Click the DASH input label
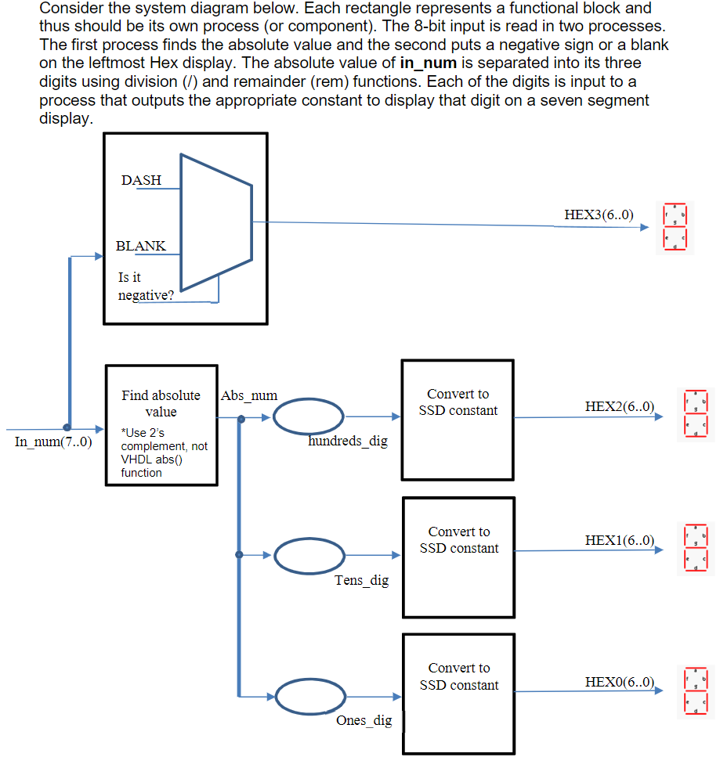141,180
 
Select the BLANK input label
140,246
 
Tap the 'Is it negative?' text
146,287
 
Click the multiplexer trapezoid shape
216,222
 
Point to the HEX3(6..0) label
599,214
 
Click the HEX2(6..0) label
619,406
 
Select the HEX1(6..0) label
619,540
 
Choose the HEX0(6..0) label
619,683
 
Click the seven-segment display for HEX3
675,227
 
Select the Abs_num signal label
249,396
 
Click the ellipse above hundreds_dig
309,416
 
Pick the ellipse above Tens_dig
309,556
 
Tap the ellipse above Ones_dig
309,696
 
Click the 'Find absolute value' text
161,403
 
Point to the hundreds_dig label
348,442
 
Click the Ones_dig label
364,721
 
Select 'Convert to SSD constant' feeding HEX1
458,540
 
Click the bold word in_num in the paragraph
428,63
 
